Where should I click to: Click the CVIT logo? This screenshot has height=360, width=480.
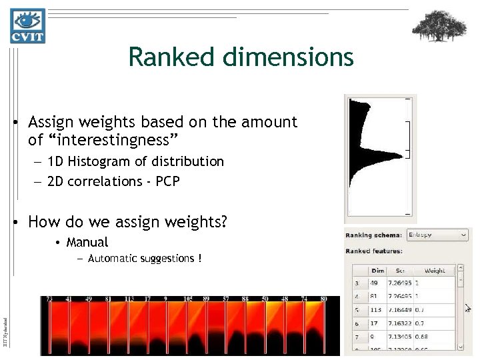pos(27,26)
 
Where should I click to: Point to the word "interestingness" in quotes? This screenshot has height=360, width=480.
pos(103,140)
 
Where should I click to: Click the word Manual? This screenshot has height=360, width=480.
pos(87,243)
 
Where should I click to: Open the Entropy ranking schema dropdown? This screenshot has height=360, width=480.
pos(437,235)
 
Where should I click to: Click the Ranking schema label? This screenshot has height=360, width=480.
pos(373,235)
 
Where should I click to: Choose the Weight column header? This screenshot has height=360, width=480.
pos(435,271)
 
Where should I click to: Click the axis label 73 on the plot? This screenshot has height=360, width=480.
pos(49,299)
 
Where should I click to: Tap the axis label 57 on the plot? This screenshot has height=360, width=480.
pos(226,299)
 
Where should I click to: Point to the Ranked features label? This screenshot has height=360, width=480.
pos(373,251)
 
